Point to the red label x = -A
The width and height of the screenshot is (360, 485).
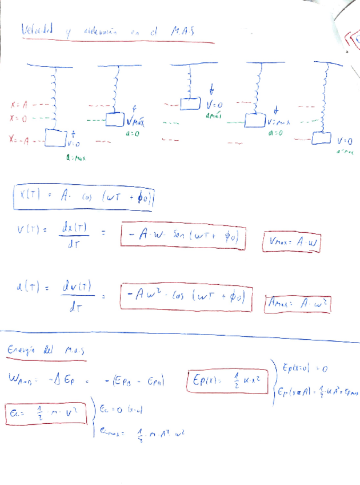[x=19, y=139]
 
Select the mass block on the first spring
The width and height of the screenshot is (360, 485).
[x=56, y=138]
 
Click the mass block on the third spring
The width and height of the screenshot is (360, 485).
[x=190, y=103]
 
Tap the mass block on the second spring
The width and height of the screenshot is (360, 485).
[x=116, y=119]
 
